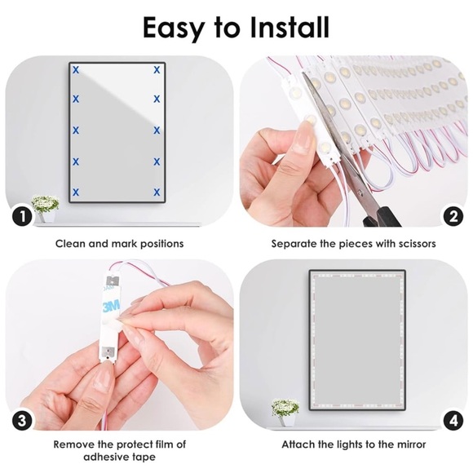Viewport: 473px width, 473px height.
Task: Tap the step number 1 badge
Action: (x=22, y=217)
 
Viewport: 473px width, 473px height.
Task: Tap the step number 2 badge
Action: (x=451, y=217)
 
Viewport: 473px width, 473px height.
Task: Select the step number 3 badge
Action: (x=22, y=421)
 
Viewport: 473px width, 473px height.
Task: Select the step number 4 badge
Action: (x=451, y=421)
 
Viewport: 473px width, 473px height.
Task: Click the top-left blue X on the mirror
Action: (x=76, y=70)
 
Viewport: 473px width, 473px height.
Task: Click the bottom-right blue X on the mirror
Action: (x=156, y=192)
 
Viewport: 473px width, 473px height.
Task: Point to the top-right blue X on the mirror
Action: (x=156, y=70)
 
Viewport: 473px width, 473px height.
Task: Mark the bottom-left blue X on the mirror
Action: (x=76, y=192)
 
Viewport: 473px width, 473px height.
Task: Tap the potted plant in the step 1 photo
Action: (x=45, y=206)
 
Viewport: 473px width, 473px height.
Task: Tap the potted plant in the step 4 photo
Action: (x=285, y=411)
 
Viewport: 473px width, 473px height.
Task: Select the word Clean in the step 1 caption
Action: (x=71, y=243)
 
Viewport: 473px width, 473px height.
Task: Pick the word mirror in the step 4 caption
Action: (x=409, y=444)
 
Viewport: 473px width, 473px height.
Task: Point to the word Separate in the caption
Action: (x=295, y=243)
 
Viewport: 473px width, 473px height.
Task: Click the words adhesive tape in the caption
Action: (x=119, y=458)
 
